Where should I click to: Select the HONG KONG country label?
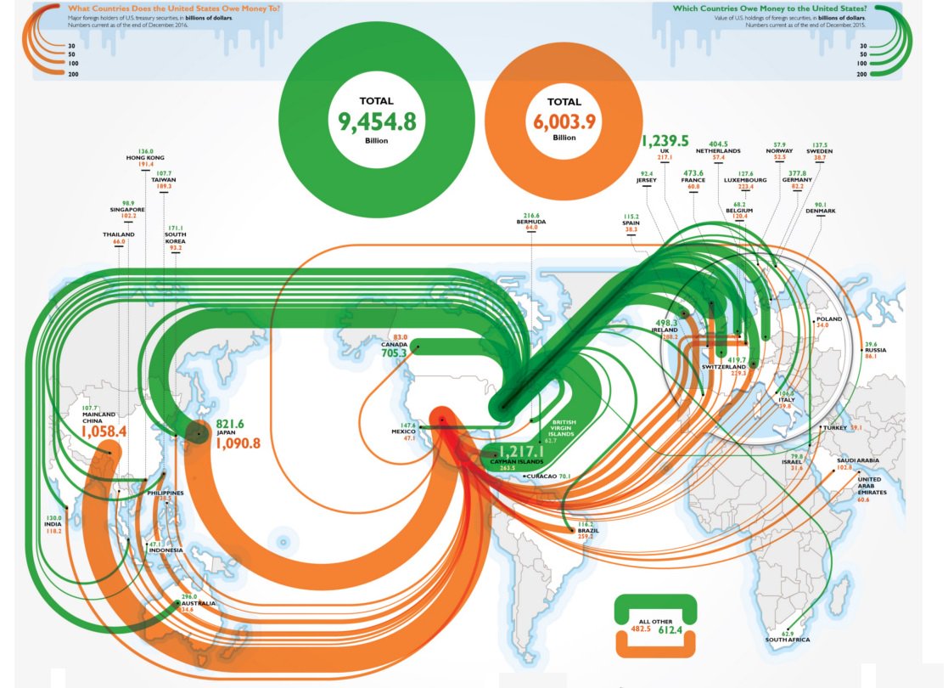pyautogui.click(x=144, y=159)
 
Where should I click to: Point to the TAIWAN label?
pyautogui.click(x=164, y=180)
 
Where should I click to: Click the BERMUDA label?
pyautogui.click(x=531, y=223)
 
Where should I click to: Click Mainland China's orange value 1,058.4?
pyautogui.click(x=104, y=431)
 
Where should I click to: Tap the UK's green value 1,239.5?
pyautogui.click(x=665, y=141)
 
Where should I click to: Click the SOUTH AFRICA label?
pyautogui.click(x=788, y=640)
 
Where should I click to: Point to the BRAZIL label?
pyautogui.click(x=588, y=530)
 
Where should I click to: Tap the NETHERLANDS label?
pyautogui.click(x=718, y=151)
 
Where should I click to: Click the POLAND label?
pyautogui.click(x=828, y=319)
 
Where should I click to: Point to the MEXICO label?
pyautogui.click(x=403, y=431)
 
